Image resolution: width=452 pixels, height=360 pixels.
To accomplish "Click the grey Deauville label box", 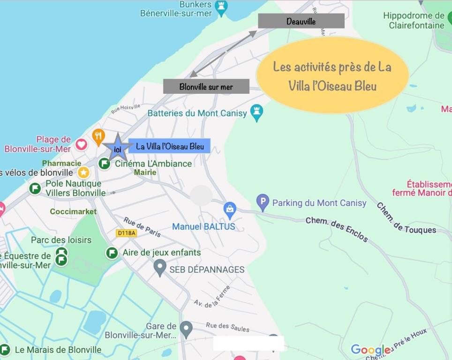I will [301, 21].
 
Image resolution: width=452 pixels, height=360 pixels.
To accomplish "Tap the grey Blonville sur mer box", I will [206, 86].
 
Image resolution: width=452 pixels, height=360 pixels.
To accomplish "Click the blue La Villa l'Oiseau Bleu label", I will [169, 146].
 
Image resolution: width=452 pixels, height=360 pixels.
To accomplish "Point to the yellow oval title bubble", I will [332, 75].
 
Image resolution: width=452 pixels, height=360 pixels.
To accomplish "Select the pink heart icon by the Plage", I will [81, 144].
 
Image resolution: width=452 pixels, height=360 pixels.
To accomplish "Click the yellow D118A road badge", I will [126, 233].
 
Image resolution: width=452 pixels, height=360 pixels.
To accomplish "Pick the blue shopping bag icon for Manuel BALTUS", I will [230, 210].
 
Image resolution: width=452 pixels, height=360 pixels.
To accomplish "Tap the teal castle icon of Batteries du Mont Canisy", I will [256, 112].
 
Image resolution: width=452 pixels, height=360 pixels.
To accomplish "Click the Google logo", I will [370, 349].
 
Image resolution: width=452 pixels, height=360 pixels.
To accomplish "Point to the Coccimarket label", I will [73, 212].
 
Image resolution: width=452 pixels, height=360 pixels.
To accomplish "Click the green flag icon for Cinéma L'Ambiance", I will [104, 164].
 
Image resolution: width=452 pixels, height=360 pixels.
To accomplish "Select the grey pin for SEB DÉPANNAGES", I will [160, 268].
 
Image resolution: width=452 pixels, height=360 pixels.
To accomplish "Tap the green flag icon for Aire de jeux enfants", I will [112, 253].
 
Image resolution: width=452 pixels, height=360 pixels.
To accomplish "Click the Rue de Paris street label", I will [142, 227].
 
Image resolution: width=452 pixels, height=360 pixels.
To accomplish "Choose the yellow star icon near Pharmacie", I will [83, 172].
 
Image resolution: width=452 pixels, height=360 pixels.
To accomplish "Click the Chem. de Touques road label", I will [406, 218].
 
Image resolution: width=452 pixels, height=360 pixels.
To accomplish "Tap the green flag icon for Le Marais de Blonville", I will [5, 350].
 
